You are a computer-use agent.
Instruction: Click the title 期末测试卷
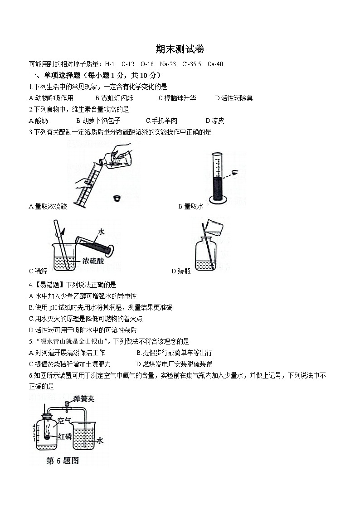pyautogui.click(x=180, y=49)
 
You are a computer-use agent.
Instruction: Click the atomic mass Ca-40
pyautogui.click(x=215, y=64)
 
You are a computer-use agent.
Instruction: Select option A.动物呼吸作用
pyautogui.click(x=51, y=98)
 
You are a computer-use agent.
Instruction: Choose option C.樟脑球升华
pyautogui.click(x=177, y=98)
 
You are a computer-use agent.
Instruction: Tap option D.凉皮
pyautogui.click(x=215, y=121)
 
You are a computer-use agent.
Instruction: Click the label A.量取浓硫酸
pyautogui.click(x=48, y=206)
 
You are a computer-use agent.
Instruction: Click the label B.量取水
pyautogui.click(x=190, y=206)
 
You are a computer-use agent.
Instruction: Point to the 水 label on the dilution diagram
pyautogui.click(x=101, y=231)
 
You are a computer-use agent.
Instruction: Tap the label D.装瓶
pyautogui.click(x=181, y=271)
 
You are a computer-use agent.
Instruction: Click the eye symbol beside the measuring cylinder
pyautogui.click(x=235, y=172)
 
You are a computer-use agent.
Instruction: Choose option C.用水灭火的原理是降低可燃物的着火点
pyautogui.click(x=86, y=319)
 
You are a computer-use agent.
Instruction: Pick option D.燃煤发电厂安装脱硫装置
pyautogui.click(x=174, y=364)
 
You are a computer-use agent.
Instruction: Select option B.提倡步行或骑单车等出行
pyautogui.click(x=174, y=353)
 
